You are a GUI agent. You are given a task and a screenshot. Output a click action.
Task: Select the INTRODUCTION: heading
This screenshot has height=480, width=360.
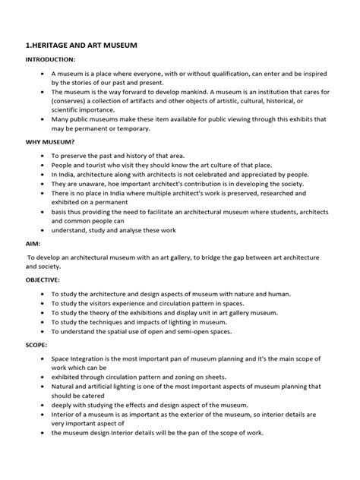coord(51,59)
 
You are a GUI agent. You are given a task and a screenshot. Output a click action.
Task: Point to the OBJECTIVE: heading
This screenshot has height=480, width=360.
coord(45,279)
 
